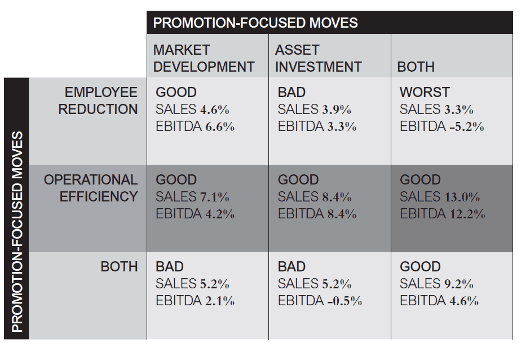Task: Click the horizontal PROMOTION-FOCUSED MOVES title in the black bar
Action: pyautogui.click(x=255, y=23)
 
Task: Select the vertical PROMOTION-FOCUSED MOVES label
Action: pyautogui.click(x=17, y=231)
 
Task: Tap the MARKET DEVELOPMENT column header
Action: pyautogui.click(x=204, y=59)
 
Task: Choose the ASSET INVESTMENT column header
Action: pyautogui.click(x=318, y=59)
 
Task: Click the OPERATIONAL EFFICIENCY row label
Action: pyautogui.click(x=91, y=188)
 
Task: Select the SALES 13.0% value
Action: pyautogui.click(x=440, y=197)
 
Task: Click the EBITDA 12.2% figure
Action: pyautogui.click(x=442, y=214)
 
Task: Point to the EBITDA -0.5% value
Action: pyautogui.click(x=320, y=301)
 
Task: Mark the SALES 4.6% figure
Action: pyautogui.click(x=192, y=109)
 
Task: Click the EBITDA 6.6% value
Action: pyautogui.click(x=195, y=127)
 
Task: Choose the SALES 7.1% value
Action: pyautogui.click(x=192, y=197)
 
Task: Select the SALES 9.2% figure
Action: pyautogui.click(x=436, y=284)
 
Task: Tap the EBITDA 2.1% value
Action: pyautogui.click(x=195, y=301)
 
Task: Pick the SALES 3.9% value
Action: pyautogui.click(x=314, y=109)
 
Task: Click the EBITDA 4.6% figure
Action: pyautogui.click(x=439, y=301)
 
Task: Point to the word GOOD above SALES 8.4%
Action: pyautogui.click(x=298, y=180)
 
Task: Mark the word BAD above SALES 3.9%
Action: pyautogui.click(x=291, y=92)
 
